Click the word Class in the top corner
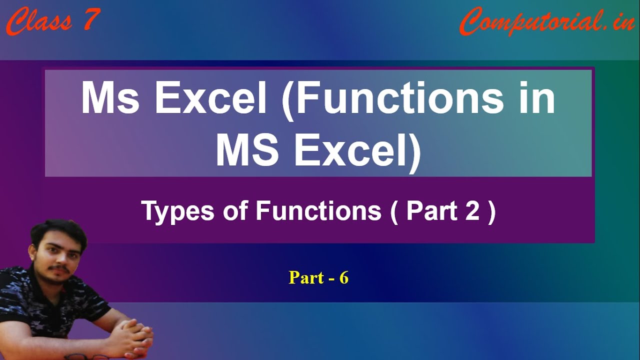(39, 21)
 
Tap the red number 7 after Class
(92, 19)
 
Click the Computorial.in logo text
(546, 22)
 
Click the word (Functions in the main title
(392, 99)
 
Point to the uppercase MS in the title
(247, 150)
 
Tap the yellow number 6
(343, 277)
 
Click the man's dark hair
(58, 233)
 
